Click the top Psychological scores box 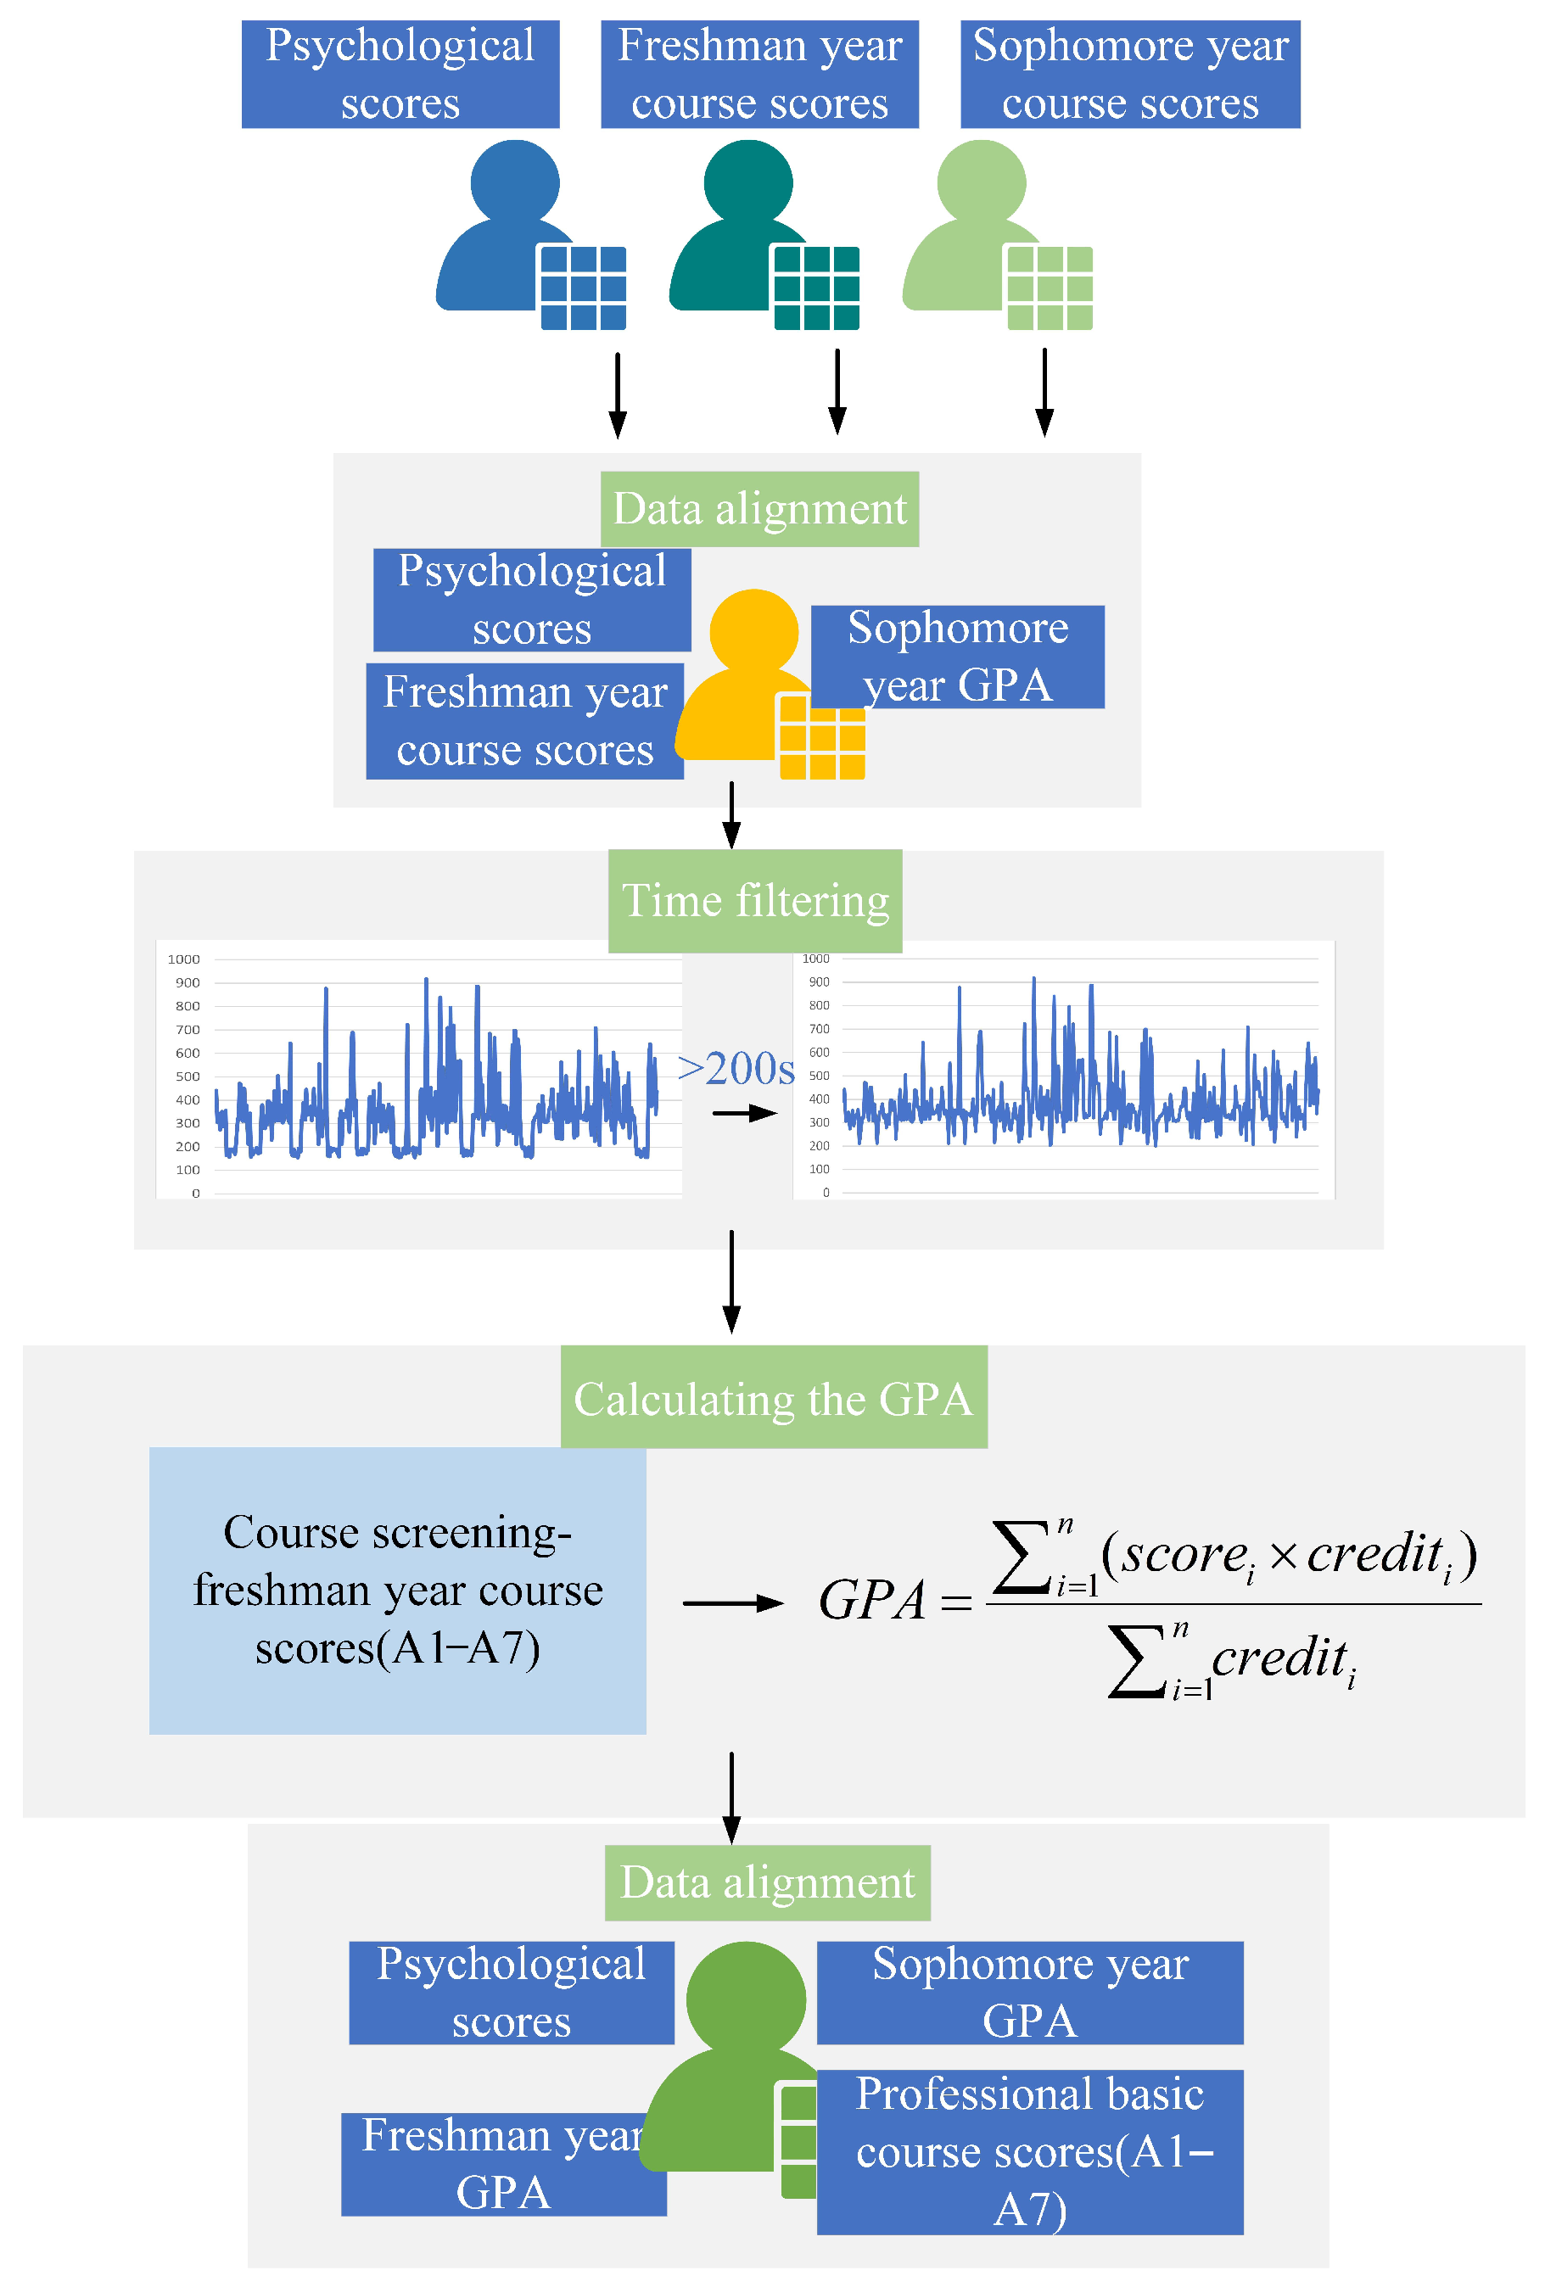(400, 74)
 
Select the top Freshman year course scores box (759, 74)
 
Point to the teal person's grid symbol (816, 288)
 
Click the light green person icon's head (980, 182)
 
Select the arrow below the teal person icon (837, 392)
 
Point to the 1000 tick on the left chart (183, 959)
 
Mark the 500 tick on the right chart (819, 1076)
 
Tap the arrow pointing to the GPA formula (732, 1603)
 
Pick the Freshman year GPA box (503, 2165)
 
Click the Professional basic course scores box (1028, 2152)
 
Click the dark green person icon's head (745, 1999)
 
